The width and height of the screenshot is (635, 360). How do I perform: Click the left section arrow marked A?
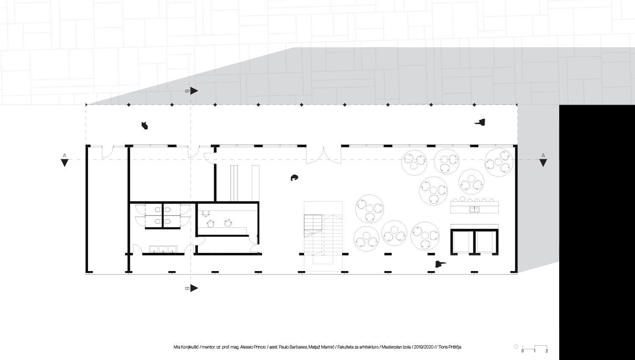pyautogui.click(x=65, y=163)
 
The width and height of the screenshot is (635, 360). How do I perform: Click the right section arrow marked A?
pyautogui.click(x=543, y=163)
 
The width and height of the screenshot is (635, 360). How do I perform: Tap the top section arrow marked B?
pyautogui.click(x=194, y=91)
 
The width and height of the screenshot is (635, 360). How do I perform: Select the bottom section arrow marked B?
pyautogui.click(x=194, y=288)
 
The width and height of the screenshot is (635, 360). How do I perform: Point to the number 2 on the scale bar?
pyautogui.click(x=547, y=351)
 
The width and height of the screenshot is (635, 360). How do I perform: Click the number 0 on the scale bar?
pyautogui.click(x=522, y=351)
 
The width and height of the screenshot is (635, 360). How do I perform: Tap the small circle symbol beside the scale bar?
pyautogui.click(x=516, y=347)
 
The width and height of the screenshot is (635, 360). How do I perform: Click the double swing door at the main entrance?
pyautogui.click(x=323, y=155)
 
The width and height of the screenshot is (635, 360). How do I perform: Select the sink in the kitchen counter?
pyautogui.click(x=474, y=209)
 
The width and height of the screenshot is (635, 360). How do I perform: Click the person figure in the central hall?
pyautogui.click(x=294, y=177)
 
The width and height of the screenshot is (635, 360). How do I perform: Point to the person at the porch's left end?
pyautogui.click(x=145, y=125)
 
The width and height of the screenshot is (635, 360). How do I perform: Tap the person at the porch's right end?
pyautogui.click(x=480, y=122)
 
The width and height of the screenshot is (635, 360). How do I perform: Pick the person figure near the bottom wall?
pyautogui.click(x=440, y=264)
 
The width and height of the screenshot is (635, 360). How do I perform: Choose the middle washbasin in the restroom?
pyautogui.click(x=163, y=249)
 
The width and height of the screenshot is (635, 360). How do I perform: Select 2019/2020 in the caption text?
pyautogui.click(x=423, y=347)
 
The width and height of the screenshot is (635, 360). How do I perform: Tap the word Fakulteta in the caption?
pyautogui.click(x=345, y=347)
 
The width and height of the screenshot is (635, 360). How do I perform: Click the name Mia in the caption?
pyautogui.click(x=177, y=347)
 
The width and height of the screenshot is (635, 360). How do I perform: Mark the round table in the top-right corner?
pyautogui.click(x=499, y=162)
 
